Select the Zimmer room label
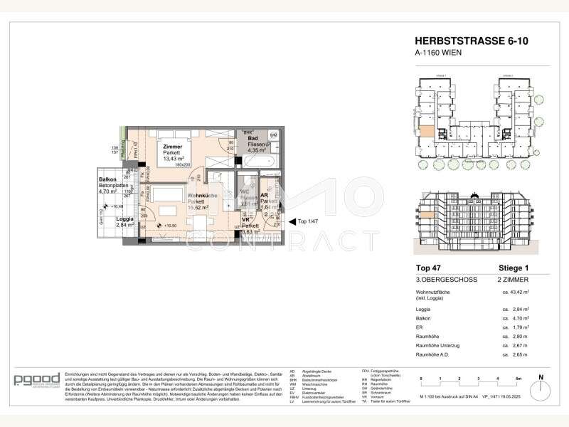(x=173, y=145)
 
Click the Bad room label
(x=252, y=139)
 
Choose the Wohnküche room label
(x=203, y=195)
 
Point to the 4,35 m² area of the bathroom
(x=255, y=151)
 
